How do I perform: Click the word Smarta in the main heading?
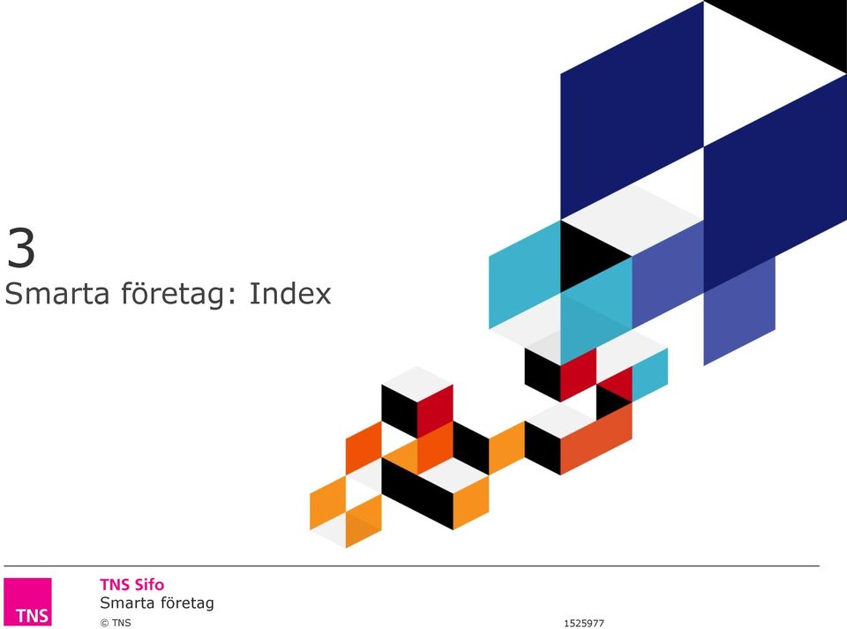[x=56, y=293]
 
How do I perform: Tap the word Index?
[x=290, y=293]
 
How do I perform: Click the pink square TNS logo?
[x=27, y=602]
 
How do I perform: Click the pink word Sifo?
[x=149, y=585]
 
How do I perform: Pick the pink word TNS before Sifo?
[x=115, y=585]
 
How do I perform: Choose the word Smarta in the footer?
[x=124, y=603]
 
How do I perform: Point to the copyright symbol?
[x=104, y=623]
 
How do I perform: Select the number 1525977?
[x=584, y=623]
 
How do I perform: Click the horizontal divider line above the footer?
[x=412, y=566]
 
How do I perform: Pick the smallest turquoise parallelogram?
[x=650, y=374]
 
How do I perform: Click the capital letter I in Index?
[x=251, y=293]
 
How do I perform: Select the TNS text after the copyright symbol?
[x=122, y=623]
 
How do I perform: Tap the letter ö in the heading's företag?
[x=141, y=295]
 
